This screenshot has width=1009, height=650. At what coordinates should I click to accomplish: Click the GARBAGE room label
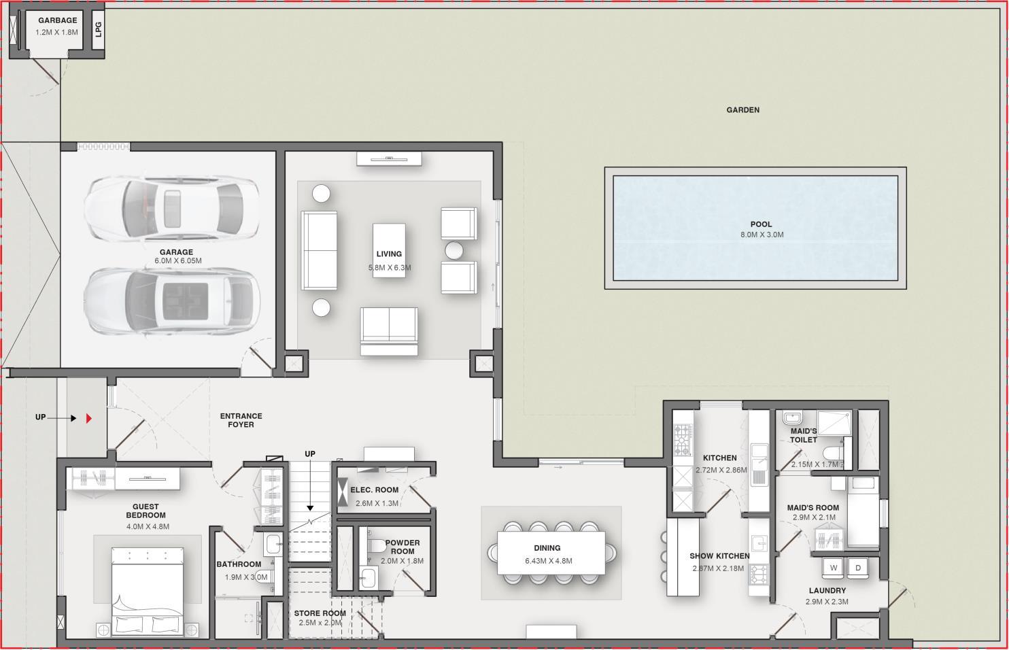(x=57, y=20)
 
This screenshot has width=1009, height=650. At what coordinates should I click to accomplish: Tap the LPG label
(x=98, y=29)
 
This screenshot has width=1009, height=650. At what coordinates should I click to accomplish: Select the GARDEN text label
(x=742, y=110)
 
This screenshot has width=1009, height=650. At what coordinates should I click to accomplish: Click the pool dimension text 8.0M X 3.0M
(x=762, y=235)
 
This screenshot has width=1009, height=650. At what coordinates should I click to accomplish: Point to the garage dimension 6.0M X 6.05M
(x=178, y=261)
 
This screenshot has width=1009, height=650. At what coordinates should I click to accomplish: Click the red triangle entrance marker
(x=89, y=418)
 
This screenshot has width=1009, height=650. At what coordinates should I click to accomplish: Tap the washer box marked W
(x=834, y=568)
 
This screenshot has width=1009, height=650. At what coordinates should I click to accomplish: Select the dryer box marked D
(x=858, y=568)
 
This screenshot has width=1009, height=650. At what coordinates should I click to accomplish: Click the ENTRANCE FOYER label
(x=241, y=420)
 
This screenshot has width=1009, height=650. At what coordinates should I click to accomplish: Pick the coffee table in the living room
(x=389, y=250)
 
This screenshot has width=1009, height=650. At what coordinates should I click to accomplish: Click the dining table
(x=551, y=553)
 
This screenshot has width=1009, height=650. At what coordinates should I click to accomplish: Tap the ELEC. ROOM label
(x=375, y=490)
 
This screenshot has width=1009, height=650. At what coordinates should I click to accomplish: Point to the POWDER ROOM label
(x=403, y=547)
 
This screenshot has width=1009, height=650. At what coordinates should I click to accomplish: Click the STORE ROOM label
(x=320, y=613)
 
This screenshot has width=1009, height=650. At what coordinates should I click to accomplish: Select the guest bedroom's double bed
(x=148, y=592)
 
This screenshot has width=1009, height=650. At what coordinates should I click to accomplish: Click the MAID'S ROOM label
(x=813, y=508)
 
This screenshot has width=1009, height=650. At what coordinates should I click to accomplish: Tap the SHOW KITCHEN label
(x=719, y=556)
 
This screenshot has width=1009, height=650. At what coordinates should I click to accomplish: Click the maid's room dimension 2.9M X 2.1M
(x=813, y=517)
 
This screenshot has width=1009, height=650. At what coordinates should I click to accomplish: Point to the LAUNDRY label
(x=827, y=591)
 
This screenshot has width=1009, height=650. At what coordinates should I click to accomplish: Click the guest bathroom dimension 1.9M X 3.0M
(x=246, y=577)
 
